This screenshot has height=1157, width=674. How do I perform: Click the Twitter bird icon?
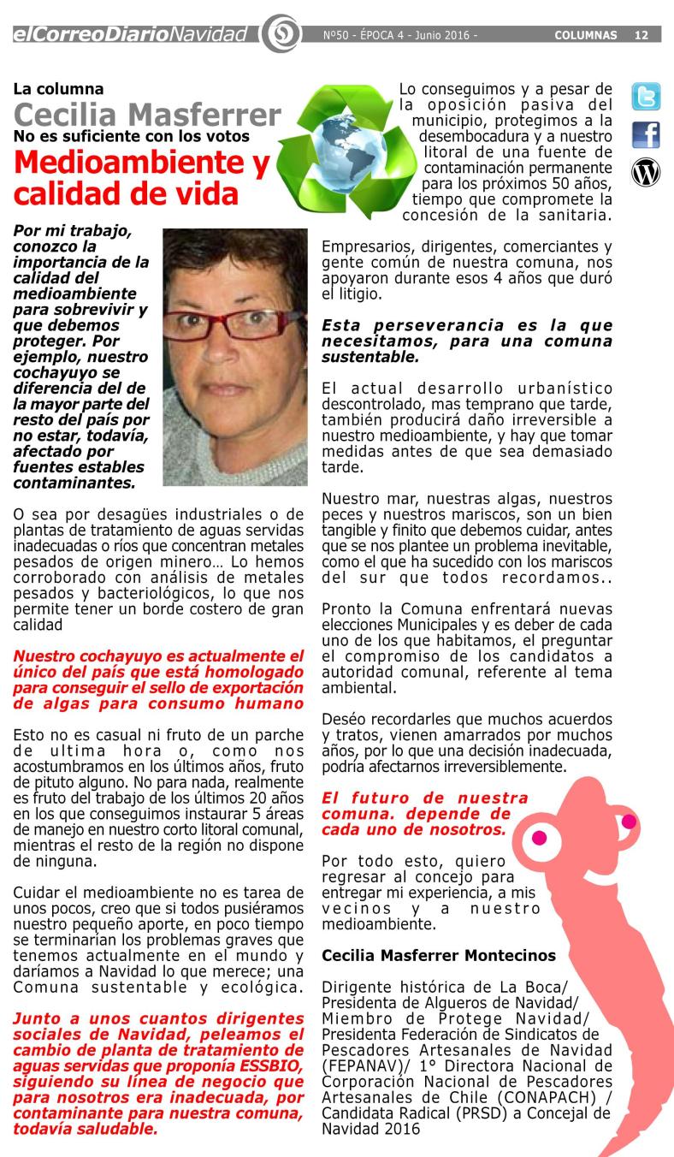click(646, 97)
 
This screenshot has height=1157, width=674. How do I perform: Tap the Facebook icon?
click(646, 135)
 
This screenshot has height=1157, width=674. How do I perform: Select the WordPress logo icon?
click(646, 173)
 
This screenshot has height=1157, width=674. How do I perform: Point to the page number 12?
click(641, 36)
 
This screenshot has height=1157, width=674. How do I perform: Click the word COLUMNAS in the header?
click(586, 36)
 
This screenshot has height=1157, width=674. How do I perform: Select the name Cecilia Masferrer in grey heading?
click(147, 115)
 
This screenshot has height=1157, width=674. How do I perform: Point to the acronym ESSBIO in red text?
click(274, 1073)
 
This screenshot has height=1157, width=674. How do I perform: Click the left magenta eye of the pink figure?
click(538, 838)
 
